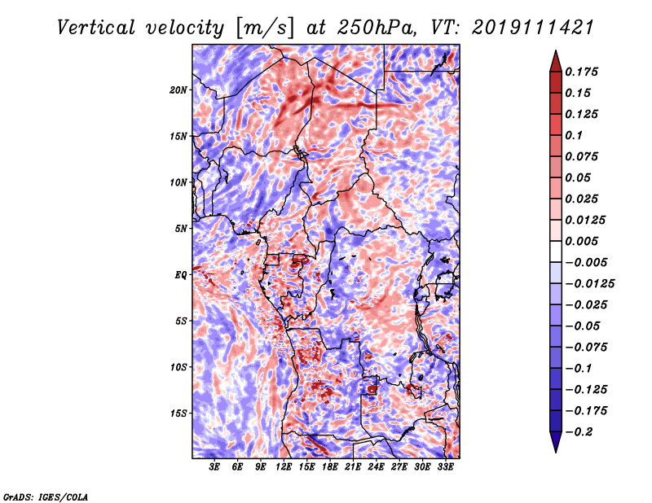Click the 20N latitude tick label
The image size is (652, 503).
point(178,90)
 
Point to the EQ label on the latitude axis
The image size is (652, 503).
point(181,275)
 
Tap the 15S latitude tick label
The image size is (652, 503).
point(178,413)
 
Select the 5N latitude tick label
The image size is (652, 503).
point(181,229)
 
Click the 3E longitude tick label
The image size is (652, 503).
point(214,467)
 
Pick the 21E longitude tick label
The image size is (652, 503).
point(353,467)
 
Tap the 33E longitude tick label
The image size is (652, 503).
point(445,467)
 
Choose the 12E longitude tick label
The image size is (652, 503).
point(283,467)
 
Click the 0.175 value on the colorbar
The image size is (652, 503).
point(581,72)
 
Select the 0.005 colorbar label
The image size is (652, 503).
point(581,241)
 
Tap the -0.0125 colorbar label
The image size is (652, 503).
point(589,284)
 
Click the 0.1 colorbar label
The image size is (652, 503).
point(574,135)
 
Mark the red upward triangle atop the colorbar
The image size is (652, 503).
point(556,62)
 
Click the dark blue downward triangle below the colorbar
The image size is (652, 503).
point(556,442)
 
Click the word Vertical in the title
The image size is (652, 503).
point(96,28)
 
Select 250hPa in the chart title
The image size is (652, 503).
point(377,28)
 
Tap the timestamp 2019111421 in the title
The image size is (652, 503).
point(532,28)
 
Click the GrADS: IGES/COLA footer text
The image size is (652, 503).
point(46,496)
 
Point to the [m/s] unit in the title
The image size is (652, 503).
point(264,28)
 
